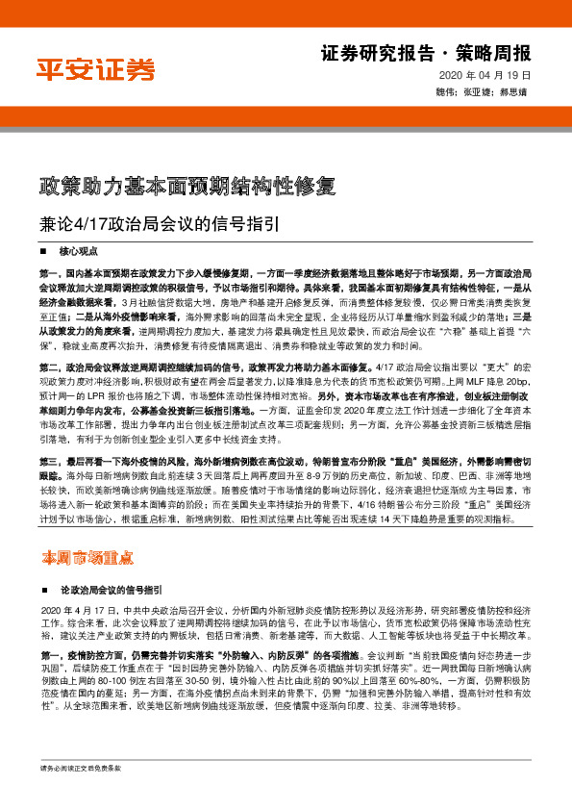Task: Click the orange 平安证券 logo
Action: coord(95,68)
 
